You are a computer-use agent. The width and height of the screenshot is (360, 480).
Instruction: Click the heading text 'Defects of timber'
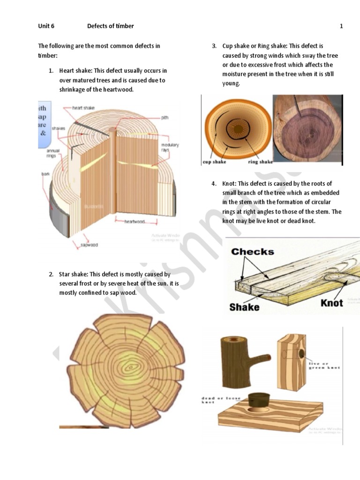coord(110,26)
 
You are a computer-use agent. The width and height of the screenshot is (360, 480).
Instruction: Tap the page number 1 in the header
coord(341,26)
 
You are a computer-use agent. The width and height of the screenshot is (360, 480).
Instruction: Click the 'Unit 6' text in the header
coord(46,26)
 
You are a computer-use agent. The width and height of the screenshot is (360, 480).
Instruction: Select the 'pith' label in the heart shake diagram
coord(165,118)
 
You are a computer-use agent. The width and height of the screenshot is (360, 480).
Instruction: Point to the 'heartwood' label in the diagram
coord(135,222)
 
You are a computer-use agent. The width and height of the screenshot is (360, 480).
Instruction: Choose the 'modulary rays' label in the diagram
coord(170,148)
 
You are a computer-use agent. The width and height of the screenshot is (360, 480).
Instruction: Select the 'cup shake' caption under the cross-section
coord(214,162)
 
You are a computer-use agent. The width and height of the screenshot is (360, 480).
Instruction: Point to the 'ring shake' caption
coord(260,162)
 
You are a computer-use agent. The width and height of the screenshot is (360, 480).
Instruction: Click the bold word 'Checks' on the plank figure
coord(252,252)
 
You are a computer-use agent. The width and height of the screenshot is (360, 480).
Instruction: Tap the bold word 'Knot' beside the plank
coord(332,303)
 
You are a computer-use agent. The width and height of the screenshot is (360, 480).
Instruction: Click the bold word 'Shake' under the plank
coord(244,307)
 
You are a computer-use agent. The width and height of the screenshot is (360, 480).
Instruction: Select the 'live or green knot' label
coord(324,366)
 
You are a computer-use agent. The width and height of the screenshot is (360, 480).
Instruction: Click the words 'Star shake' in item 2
coord(73,274)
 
